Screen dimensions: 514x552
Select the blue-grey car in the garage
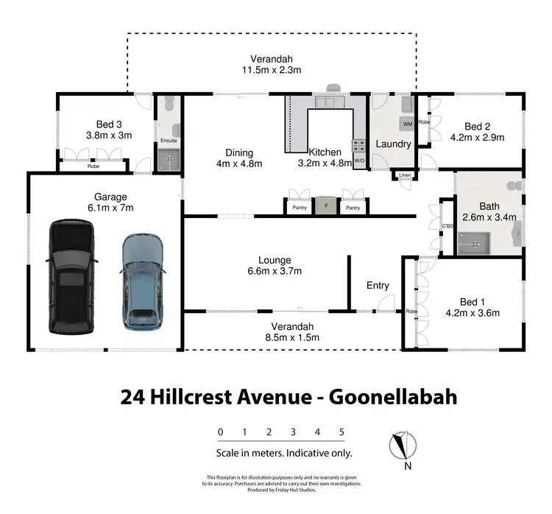(x=141, y=280)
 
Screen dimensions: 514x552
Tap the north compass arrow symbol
(x=402, y=446)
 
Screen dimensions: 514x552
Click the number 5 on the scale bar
(x=342, y=432)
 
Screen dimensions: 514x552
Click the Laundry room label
(x=392, y=144)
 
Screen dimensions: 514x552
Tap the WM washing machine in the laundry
(x=407, y=124)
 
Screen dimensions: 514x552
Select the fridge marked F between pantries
(x=325, y=207)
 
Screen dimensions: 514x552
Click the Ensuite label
(x=169, y=140)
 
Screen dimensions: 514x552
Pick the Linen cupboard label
(x=406, y=175)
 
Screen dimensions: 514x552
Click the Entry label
(x=378, y=286)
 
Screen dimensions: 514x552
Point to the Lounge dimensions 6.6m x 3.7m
(x=275, y=272)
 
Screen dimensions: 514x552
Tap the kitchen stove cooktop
(x=360, y=145)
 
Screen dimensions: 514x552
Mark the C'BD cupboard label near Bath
(x=446, y=226)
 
